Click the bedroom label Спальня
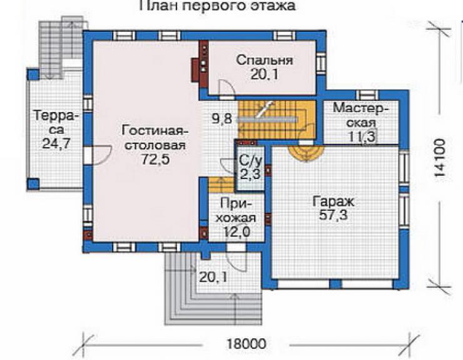coord(265,60)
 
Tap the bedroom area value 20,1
coord(265,74)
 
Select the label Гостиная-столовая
coord(155,138)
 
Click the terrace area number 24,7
coord(56,143)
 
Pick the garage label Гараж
coord(333,202)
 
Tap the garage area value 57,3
coord(333,215)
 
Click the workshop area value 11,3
coord(362,137)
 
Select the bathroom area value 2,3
coord(250,174)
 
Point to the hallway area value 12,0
coord(236,232)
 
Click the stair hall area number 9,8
coord(221,119)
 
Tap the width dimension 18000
coord(247,344)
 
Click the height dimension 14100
coord(439,158)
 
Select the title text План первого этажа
coord(217,5)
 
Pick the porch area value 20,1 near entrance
coord(213,277)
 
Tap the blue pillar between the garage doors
coord(335,284)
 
